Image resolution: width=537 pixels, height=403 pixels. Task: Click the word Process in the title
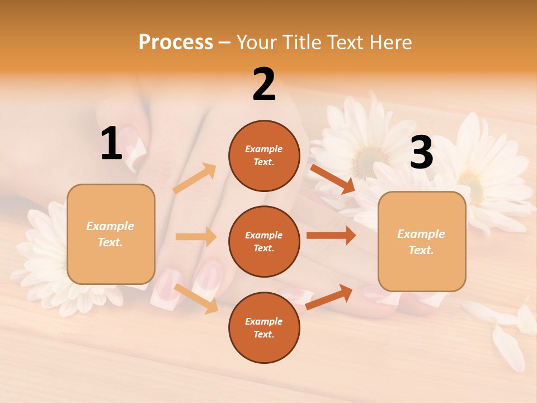(176, 42)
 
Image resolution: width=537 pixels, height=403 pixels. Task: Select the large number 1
(111, 144)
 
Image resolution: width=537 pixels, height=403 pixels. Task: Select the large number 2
(264, 85)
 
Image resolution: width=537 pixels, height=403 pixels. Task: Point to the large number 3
(421, 153)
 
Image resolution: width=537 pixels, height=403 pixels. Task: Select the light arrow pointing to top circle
(195, 179)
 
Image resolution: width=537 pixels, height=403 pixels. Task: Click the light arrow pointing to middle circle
(196, 237)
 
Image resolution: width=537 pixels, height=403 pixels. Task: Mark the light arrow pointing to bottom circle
(196, 298)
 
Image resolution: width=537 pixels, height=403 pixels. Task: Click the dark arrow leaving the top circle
(332, 179)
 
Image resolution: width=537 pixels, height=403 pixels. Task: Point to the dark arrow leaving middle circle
(331, 236)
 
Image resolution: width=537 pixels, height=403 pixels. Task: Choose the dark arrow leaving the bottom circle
(329, 297)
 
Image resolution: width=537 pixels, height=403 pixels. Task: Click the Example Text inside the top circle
(264, 155)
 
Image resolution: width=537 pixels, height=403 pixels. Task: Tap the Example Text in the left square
(110, 234)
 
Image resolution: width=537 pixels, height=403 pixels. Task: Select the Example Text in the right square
(421, 242)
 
